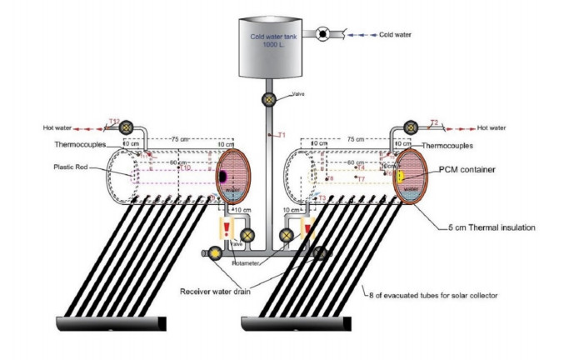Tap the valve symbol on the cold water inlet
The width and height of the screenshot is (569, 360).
pos(321,34)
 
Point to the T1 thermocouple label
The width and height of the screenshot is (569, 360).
pos(282,135)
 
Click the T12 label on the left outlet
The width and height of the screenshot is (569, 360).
pos(114,121)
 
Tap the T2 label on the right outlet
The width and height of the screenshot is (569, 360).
pos(434,122)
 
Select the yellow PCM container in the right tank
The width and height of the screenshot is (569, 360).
pos(400,176)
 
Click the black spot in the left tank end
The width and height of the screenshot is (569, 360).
pos(222,177)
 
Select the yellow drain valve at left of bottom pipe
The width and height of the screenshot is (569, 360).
pos(214,253)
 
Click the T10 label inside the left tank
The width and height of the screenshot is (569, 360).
pos(186,168)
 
